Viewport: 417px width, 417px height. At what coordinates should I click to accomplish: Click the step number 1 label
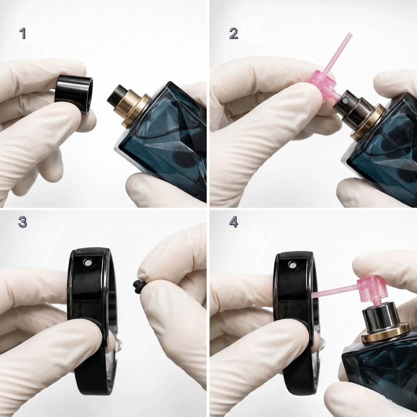pos(23,34)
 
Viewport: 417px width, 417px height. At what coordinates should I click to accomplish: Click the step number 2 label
pos(234,34)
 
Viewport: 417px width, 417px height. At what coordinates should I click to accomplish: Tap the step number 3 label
pos(23,222)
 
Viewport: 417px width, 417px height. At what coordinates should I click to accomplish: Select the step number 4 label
pos(234,222)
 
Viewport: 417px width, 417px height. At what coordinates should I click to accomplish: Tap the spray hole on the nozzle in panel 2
pos(345,100)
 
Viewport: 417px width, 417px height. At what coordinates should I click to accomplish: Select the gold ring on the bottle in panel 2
pos(368,122)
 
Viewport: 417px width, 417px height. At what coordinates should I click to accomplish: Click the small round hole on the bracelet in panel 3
pos(87,263)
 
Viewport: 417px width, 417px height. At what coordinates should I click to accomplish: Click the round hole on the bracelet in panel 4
pos(292,264)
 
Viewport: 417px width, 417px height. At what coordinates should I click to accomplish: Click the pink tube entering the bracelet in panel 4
pos(334,291)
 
